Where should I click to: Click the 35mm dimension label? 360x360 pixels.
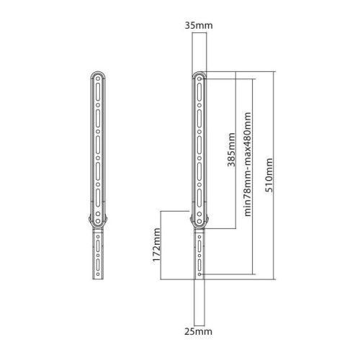pyautogui.click(x=199, y=25)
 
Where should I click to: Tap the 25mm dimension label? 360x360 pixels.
pyautogui.click(x=198, y=331)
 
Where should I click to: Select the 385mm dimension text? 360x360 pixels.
pyautogui.click(x=231, y=150)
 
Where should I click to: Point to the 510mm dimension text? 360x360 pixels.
pyautogui.click(x=269, y=175)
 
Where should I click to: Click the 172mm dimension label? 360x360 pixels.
pyautogui.click(x=157, y=245)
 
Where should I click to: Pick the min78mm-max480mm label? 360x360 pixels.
pyautogui.click(x=248, y=164)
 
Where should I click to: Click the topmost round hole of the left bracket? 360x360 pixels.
pyautogui.click(x=98, y=78)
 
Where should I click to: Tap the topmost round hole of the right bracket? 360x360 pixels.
pyautogui.click(x=199, y=78)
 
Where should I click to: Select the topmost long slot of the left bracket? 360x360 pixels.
pyautogui.click(x=98, y=92)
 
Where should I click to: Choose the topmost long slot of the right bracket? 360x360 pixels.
pyautogui.click(x=199, y=92)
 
